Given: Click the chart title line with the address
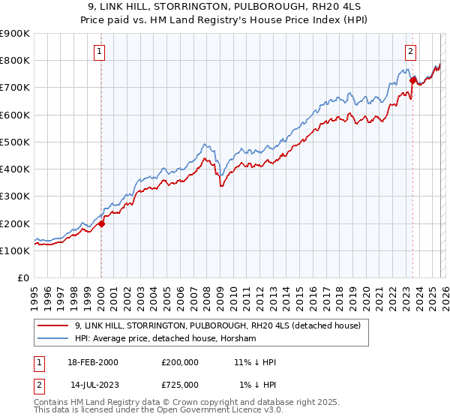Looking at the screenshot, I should tap(224, 5).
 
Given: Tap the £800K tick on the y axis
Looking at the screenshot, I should tap(15, 60).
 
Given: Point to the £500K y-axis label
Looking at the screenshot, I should tap(15, 142).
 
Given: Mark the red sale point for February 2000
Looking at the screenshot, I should tap(102, 223).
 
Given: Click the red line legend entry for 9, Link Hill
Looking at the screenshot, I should tap(217, 325).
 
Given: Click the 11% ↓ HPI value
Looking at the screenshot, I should tap(255, 362).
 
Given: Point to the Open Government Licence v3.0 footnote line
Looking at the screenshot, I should tap(157, 412).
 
